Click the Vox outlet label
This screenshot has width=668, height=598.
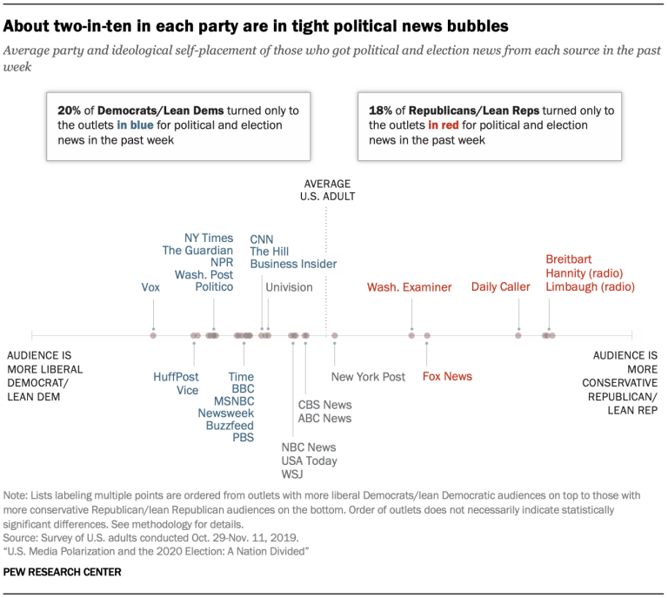150,286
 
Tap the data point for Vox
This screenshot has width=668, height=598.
153,335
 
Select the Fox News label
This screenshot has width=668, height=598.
447,376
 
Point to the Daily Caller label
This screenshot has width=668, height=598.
501,286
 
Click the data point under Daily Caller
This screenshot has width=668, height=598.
518,335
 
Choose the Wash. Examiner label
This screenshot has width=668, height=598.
409,286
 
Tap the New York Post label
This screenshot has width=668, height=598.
368,377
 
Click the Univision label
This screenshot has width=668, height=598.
289,286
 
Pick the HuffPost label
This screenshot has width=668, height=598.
176,377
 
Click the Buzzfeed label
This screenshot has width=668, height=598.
230,426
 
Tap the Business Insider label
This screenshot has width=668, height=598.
293,264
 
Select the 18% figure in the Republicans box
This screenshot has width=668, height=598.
379,111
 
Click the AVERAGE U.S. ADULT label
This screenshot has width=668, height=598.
328,190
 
